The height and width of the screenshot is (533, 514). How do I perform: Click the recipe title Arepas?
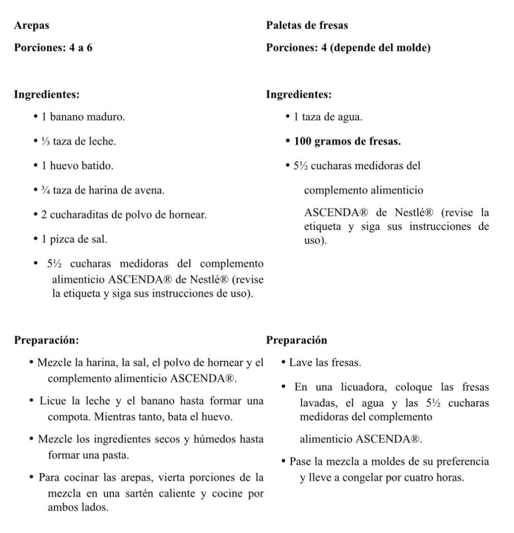[x=32, y=24]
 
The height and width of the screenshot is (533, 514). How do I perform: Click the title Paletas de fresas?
[x=307, y=24]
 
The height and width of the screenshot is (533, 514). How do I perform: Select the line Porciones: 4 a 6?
[x=53, y=48]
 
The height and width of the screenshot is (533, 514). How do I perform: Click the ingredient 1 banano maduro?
[x=83, y=117]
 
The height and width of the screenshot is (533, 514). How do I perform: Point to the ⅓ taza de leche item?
[x=79, y=142]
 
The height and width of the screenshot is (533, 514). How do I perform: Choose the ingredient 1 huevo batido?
[x=78, y=166]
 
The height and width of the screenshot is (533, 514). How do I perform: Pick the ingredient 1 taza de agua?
[x=328, y=117]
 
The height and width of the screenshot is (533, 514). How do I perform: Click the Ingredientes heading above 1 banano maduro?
[x=47, y=95]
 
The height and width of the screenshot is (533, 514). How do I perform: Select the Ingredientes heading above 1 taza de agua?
[x=299, y=95]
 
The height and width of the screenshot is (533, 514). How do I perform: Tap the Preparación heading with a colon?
[x=47, y=340]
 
